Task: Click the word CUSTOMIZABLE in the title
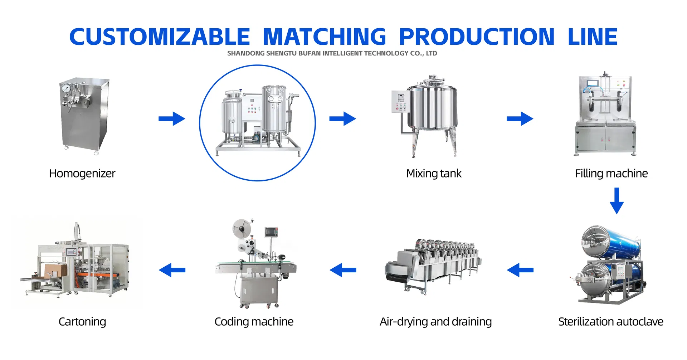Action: [160, 37]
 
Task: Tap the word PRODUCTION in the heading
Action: [477, 37]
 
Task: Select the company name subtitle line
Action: [332, 53]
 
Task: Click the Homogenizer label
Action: [82, 174]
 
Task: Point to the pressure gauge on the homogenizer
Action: [66, 88]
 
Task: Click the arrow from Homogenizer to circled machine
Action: [172, 119]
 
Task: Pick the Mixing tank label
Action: [434, 174]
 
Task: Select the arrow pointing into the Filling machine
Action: [520, 119]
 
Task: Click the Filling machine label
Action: [612, 174]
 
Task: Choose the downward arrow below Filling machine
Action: [617, 201]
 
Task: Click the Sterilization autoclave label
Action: [611, 322]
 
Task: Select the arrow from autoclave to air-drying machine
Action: [520, 270]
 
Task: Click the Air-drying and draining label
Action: [436, 322]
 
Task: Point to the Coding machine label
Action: [254, 322]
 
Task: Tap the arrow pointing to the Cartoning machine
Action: [172, 270]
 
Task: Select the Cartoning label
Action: [82, 322]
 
